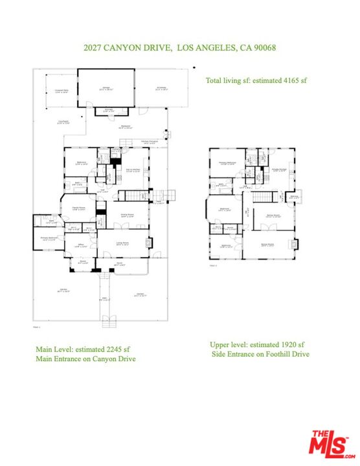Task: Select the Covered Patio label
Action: (x=62, y=91)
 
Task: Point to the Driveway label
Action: (x=161, y=89)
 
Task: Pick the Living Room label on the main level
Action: (x=122, y=243)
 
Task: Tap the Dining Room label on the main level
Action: (x=127, y=216)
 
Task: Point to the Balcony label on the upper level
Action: (x=294, y=197)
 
